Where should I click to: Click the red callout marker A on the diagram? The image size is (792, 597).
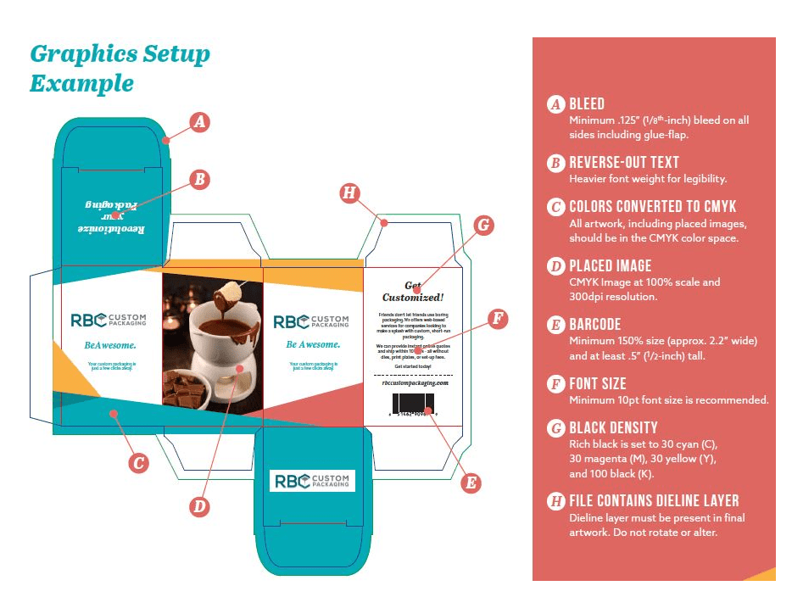coord(198,121)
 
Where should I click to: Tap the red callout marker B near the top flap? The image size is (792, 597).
coord(198,180)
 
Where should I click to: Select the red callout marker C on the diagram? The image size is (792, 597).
coord(138,463)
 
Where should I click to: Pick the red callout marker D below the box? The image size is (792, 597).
coord(198,506)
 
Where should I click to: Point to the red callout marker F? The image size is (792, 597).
coord(499,319)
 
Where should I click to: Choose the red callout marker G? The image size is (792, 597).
coord(482,226)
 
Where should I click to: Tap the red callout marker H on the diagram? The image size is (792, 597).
coord(348,192)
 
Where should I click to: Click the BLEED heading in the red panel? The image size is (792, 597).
coord(587,104)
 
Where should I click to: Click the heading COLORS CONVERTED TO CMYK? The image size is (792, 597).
coord(652,207)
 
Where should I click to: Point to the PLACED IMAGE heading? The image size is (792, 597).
coord(610,265)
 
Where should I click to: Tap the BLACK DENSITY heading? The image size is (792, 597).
coord(613,427)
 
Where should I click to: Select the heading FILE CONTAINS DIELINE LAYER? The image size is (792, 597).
coord(654,500)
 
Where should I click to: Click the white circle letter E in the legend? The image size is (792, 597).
coord(555,325)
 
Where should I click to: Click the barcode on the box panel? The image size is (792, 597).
coord(412,403)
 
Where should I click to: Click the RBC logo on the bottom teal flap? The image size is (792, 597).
coord(311,481)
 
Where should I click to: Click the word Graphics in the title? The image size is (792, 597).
coord(81,54)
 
